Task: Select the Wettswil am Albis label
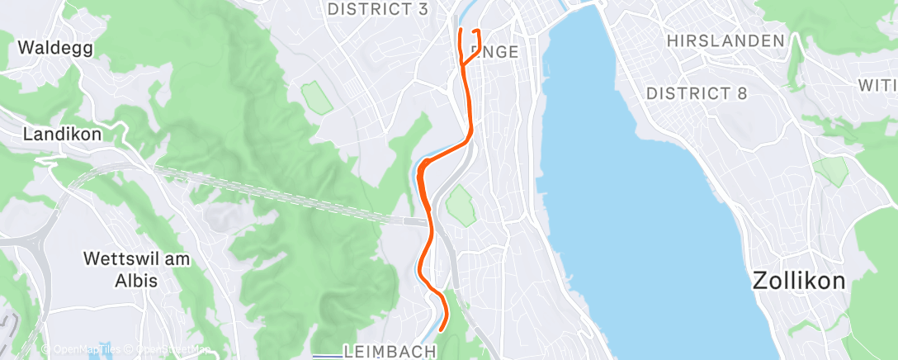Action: [137, 269]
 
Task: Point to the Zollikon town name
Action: [799, 281]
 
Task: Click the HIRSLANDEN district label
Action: [725, 40]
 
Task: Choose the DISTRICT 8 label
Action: [697, 93]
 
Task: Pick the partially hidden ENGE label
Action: [495, 52]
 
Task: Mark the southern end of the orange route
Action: [442, 329]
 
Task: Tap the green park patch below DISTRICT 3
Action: [316, 97]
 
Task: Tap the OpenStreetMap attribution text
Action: [170, 350]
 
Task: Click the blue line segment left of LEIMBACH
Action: [328, 356]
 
